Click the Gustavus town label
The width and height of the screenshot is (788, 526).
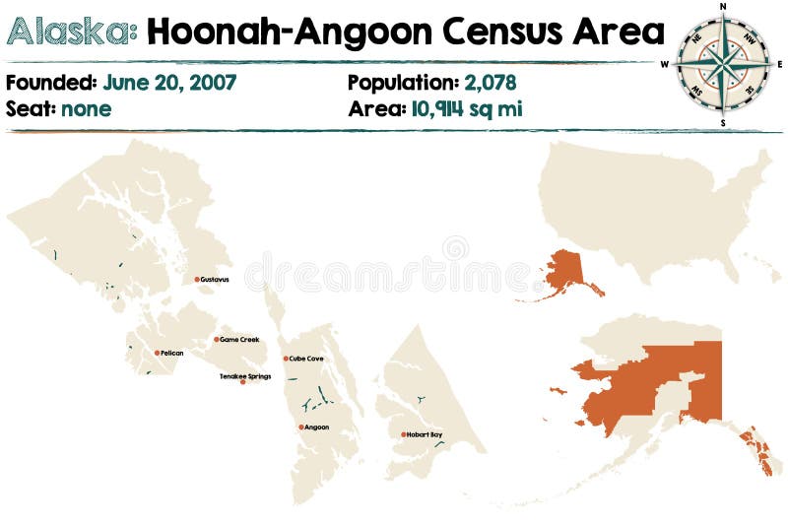click(x=215, y=280)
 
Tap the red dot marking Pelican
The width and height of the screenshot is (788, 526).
click(x=156, y=353)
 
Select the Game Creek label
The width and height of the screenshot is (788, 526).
click(x=239, y=340)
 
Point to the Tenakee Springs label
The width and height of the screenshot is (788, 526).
click(x=244, y=376)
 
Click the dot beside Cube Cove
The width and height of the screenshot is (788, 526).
click(x=286, y=359)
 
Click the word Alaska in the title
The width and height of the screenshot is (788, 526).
click(x=72, y=32)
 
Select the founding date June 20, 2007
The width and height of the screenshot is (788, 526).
click(x=169, y=83)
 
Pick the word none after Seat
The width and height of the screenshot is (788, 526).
click(x=86, y=108)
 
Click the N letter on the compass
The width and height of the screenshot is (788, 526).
click(x=724, y=6)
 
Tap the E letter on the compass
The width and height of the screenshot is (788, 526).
click(x=780, y=64)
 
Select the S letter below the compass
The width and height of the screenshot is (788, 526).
click(x=724, y=123)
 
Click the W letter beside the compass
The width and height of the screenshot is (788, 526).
click(x=665, y=65)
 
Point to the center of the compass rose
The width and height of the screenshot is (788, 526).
click(x=724, y=64)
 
